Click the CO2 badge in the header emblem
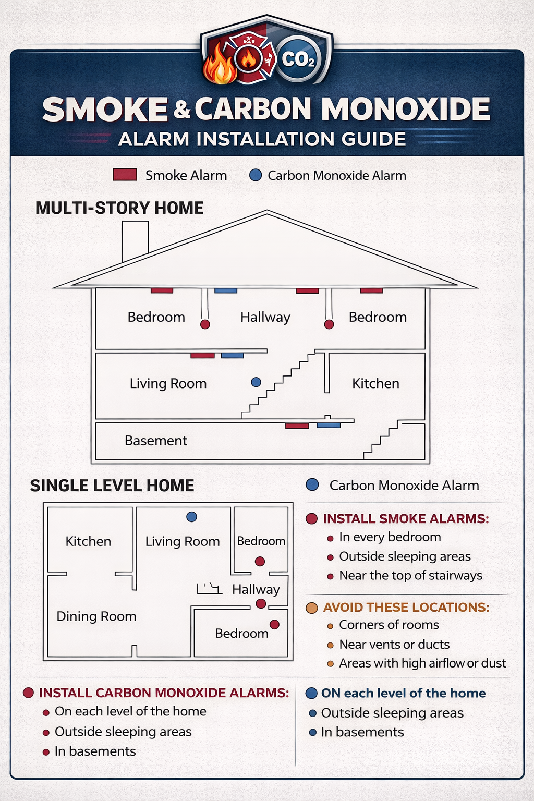click(298, 59)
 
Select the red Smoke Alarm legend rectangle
click(125, 175)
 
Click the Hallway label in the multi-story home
click(265, 317)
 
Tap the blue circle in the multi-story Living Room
click(256, 382)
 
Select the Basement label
click(155, 441)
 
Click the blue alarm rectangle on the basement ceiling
click(329, 426)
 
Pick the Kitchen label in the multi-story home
click(375, 383)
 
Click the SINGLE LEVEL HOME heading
click(112, 486)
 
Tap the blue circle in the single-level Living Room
click(191, 517)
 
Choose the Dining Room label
click(96, 616)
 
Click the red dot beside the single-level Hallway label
click(261, 604)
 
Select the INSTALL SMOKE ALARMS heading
click(406, 519)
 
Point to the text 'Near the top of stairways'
click(410, 575)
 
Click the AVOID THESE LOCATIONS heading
click(406, 608)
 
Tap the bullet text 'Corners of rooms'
click(389, 625)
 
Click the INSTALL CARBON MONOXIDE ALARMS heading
click(164, 693)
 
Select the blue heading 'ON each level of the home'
click(403, 693)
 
